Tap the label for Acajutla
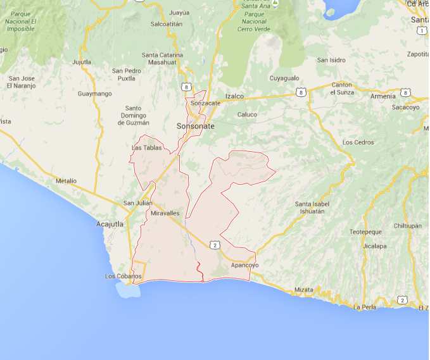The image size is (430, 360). [x=110, y=224]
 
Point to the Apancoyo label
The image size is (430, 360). [x=244, y=265]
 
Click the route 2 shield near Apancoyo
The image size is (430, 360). [x=215, y=244]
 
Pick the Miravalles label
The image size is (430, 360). [x=165, y=213]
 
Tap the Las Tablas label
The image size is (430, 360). [x=146, y=148]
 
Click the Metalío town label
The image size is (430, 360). [x=66, y=181]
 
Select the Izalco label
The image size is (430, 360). [x=234, y=96]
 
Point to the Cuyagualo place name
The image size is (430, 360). [x=284, y=78]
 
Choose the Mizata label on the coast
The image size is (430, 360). [x=303, y=290]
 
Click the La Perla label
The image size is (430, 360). [x=365, y=307]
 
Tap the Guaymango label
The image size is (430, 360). [x=94, y=94]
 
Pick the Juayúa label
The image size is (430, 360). [x=179, y=12]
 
